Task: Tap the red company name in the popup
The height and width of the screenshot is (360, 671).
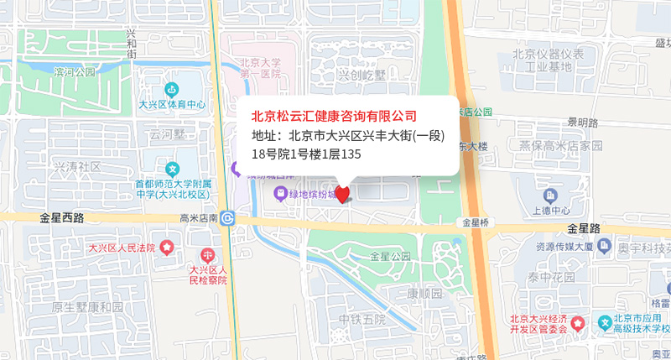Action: point(335,115)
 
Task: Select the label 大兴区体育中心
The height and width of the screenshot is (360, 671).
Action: point(172,105)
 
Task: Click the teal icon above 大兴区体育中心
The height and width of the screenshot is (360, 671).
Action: point(172,90)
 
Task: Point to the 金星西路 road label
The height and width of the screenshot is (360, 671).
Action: point(61,217)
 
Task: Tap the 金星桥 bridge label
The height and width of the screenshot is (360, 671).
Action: point(475,222)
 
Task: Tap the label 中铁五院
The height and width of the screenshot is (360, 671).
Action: point(362,319)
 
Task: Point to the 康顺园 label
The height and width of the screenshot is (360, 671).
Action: point(424,294)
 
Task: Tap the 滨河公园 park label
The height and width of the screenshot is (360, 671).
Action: point(75,72)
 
